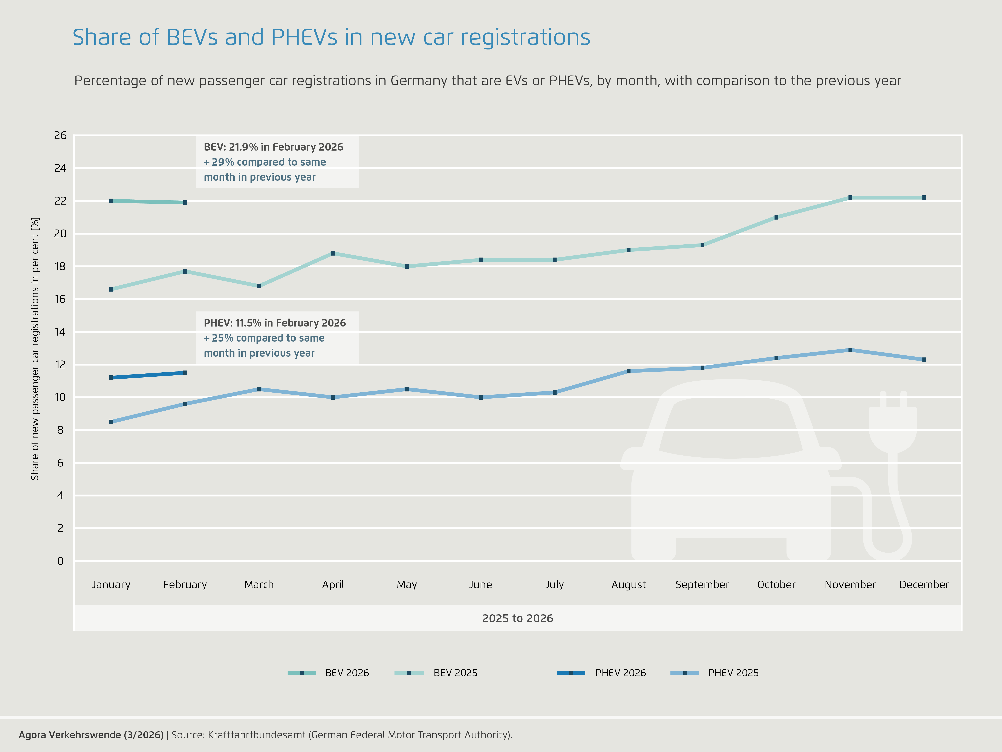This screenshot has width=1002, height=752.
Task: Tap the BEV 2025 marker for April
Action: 333,253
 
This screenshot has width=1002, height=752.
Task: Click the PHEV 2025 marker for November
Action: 850,350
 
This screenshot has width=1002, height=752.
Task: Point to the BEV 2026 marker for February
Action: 185,203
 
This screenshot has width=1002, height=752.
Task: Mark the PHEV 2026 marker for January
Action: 111,378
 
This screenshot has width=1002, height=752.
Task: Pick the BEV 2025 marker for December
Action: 924,198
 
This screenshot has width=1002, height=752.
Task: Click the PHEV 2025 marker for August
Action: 628,371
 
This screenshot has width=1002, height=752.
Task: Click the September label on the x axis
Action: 702,585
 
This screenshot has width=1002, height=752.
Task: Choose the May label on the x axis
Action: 407,585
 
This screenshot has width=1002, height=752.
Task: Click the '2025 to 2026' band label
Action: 517,618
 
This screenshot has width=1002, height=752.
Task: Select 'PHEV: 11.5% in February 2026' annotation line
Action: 274,323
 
